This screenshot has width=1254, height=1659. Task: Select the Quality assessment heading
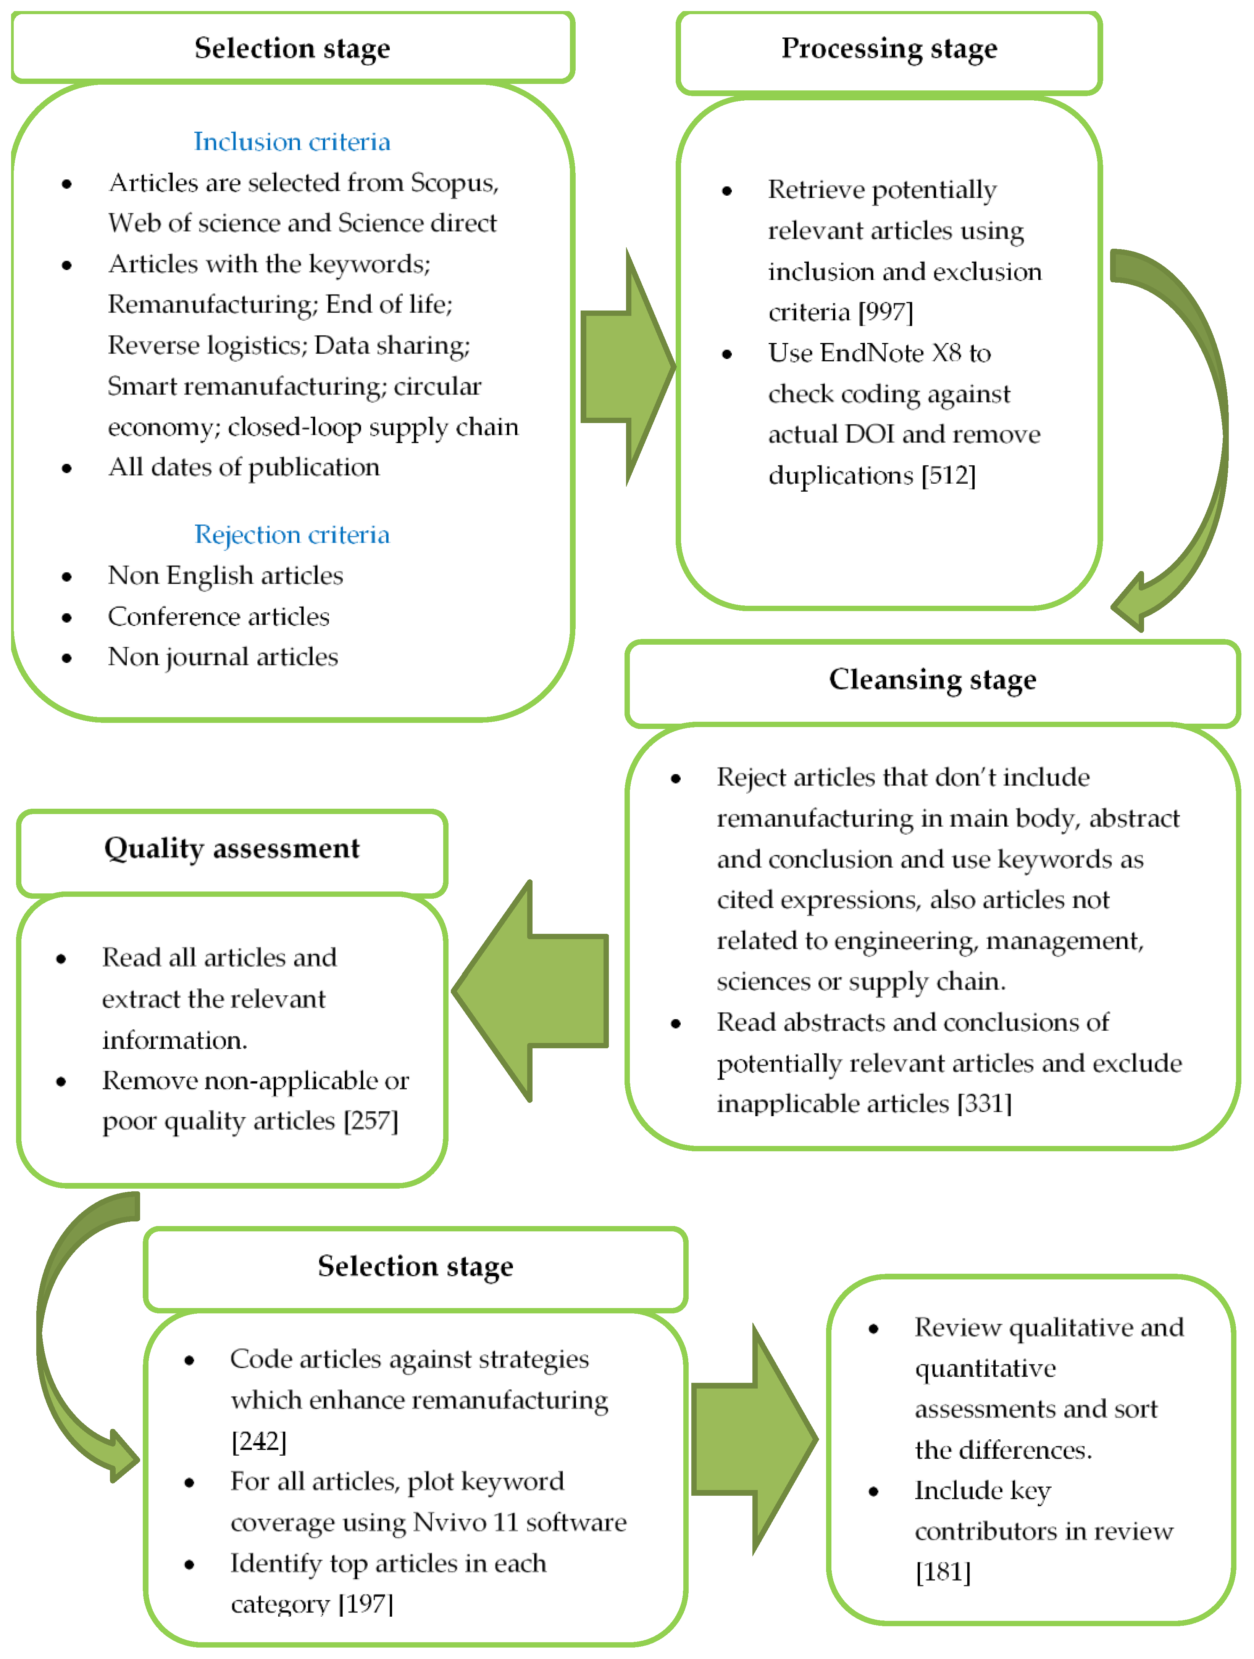(x=232, y=849)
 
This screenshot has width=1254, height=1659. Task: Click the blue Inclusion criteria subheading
(x=292, y=142)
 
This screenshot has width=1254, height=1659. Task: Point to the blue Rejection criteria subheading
(x=292, y=535)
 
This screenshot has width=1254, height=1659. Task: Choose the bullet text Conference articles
(x=218, y=616)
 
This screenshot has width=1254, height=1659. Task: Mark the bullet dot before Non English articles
(x=67, y=577)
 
